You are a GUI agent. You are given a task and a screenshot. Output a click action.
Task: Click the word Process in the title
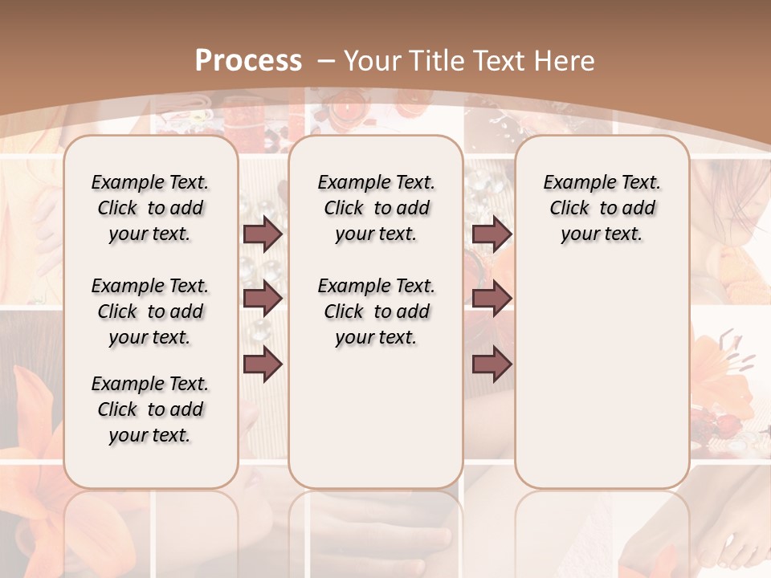tap(248, 60)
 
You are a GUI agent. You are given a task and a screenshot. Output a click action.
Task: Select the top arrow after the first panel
tap(263, 234)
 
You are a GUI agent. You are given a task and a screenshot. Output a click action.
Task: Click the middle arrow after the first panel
tap(263, 299)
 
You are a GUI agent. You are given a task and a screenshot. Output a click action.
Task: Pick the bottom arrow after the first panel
tap(263, 364)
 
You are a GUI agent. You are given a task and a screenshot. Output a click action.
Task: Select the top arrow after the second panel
tap(492, 234)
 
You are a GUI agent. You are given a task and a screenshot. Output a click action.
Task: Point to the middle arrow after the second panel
tap(492, 299)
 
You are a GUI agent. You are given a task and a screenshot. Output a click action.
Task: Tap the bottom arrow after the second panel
tap(492, 364)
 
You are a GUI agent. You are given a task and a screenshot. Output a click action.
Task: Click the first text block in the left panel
tap(150, 208)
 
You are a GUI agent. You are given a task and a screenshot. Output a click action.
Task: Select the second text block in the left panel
tap(150, 311)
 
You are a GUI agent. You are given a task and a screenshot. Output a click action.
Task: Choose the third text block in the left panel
tap(150, 409)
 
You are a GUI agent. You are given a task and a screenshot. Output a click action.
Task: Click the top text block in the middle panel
tap(376, 208)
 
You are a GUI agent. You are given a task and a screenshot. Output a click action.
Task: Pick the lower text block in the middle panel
tap(376, 311)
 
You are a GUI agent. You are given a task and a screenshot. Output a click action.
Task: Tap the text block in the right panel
tap(602, 208)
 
